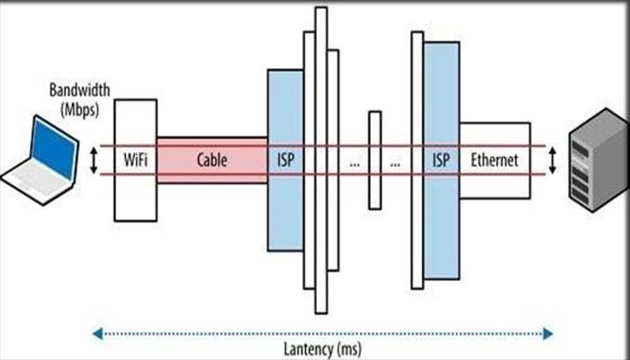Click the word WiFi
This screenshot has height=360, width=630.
click(135, 160)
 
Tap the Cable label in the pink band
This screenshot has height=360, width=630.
click(211, 160)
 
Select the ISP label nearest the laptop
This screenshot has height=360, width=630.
click(285, 160)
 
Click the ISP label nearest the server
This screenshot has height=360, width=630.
click(441, 160)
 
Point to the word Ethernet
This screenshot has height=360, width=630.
click(495, 160)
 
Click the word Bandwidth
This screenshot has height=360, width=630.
click(79, 90)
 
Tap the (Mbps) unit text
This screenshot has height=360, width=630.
click(79, 109)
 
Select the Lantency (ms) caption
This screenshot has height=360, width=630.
click(322, 348)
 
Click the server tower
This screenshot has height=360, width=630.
click(598, 160)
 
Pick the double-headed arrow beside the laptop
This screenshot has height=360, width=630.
click(94, 160)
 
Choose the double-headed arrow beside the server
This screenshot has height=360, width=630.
click(553, 160)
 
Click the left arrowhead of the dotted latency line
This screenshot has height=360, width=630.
click(97, 334)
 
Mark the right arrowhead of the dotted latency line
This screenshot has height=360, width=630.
click(548, 334)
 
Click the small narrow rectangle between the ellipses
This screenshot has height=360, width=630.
click(375, 160)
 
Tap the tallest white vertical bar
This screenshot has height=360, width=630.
click(321, 160)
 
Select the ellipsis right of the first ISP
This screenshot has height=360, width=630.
click(355, 165)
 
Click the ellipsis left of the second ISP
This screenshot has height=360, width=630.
click(394, 165)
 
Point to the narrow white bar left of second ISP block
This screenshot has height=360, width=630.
click(418, 160)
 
